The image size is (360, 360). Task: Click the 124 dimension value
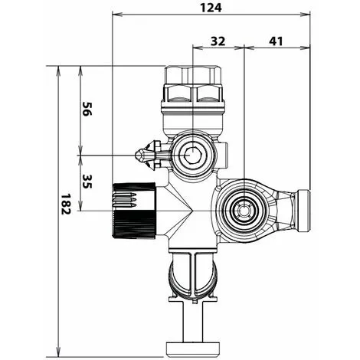tap(211, 8)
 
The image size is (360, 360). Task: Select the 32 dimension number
tap(218, 41)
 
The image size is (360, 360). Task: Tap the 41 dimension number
tap(276, 41)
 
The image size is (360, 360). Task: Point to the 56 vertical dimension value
tap(87, 109)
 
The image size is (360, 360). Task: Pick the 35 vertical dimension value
tap(87, 182)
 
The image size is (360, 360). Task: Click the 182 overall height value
tap(65, 204)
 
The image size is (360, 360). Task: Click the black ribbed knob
tap(134, 211)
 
